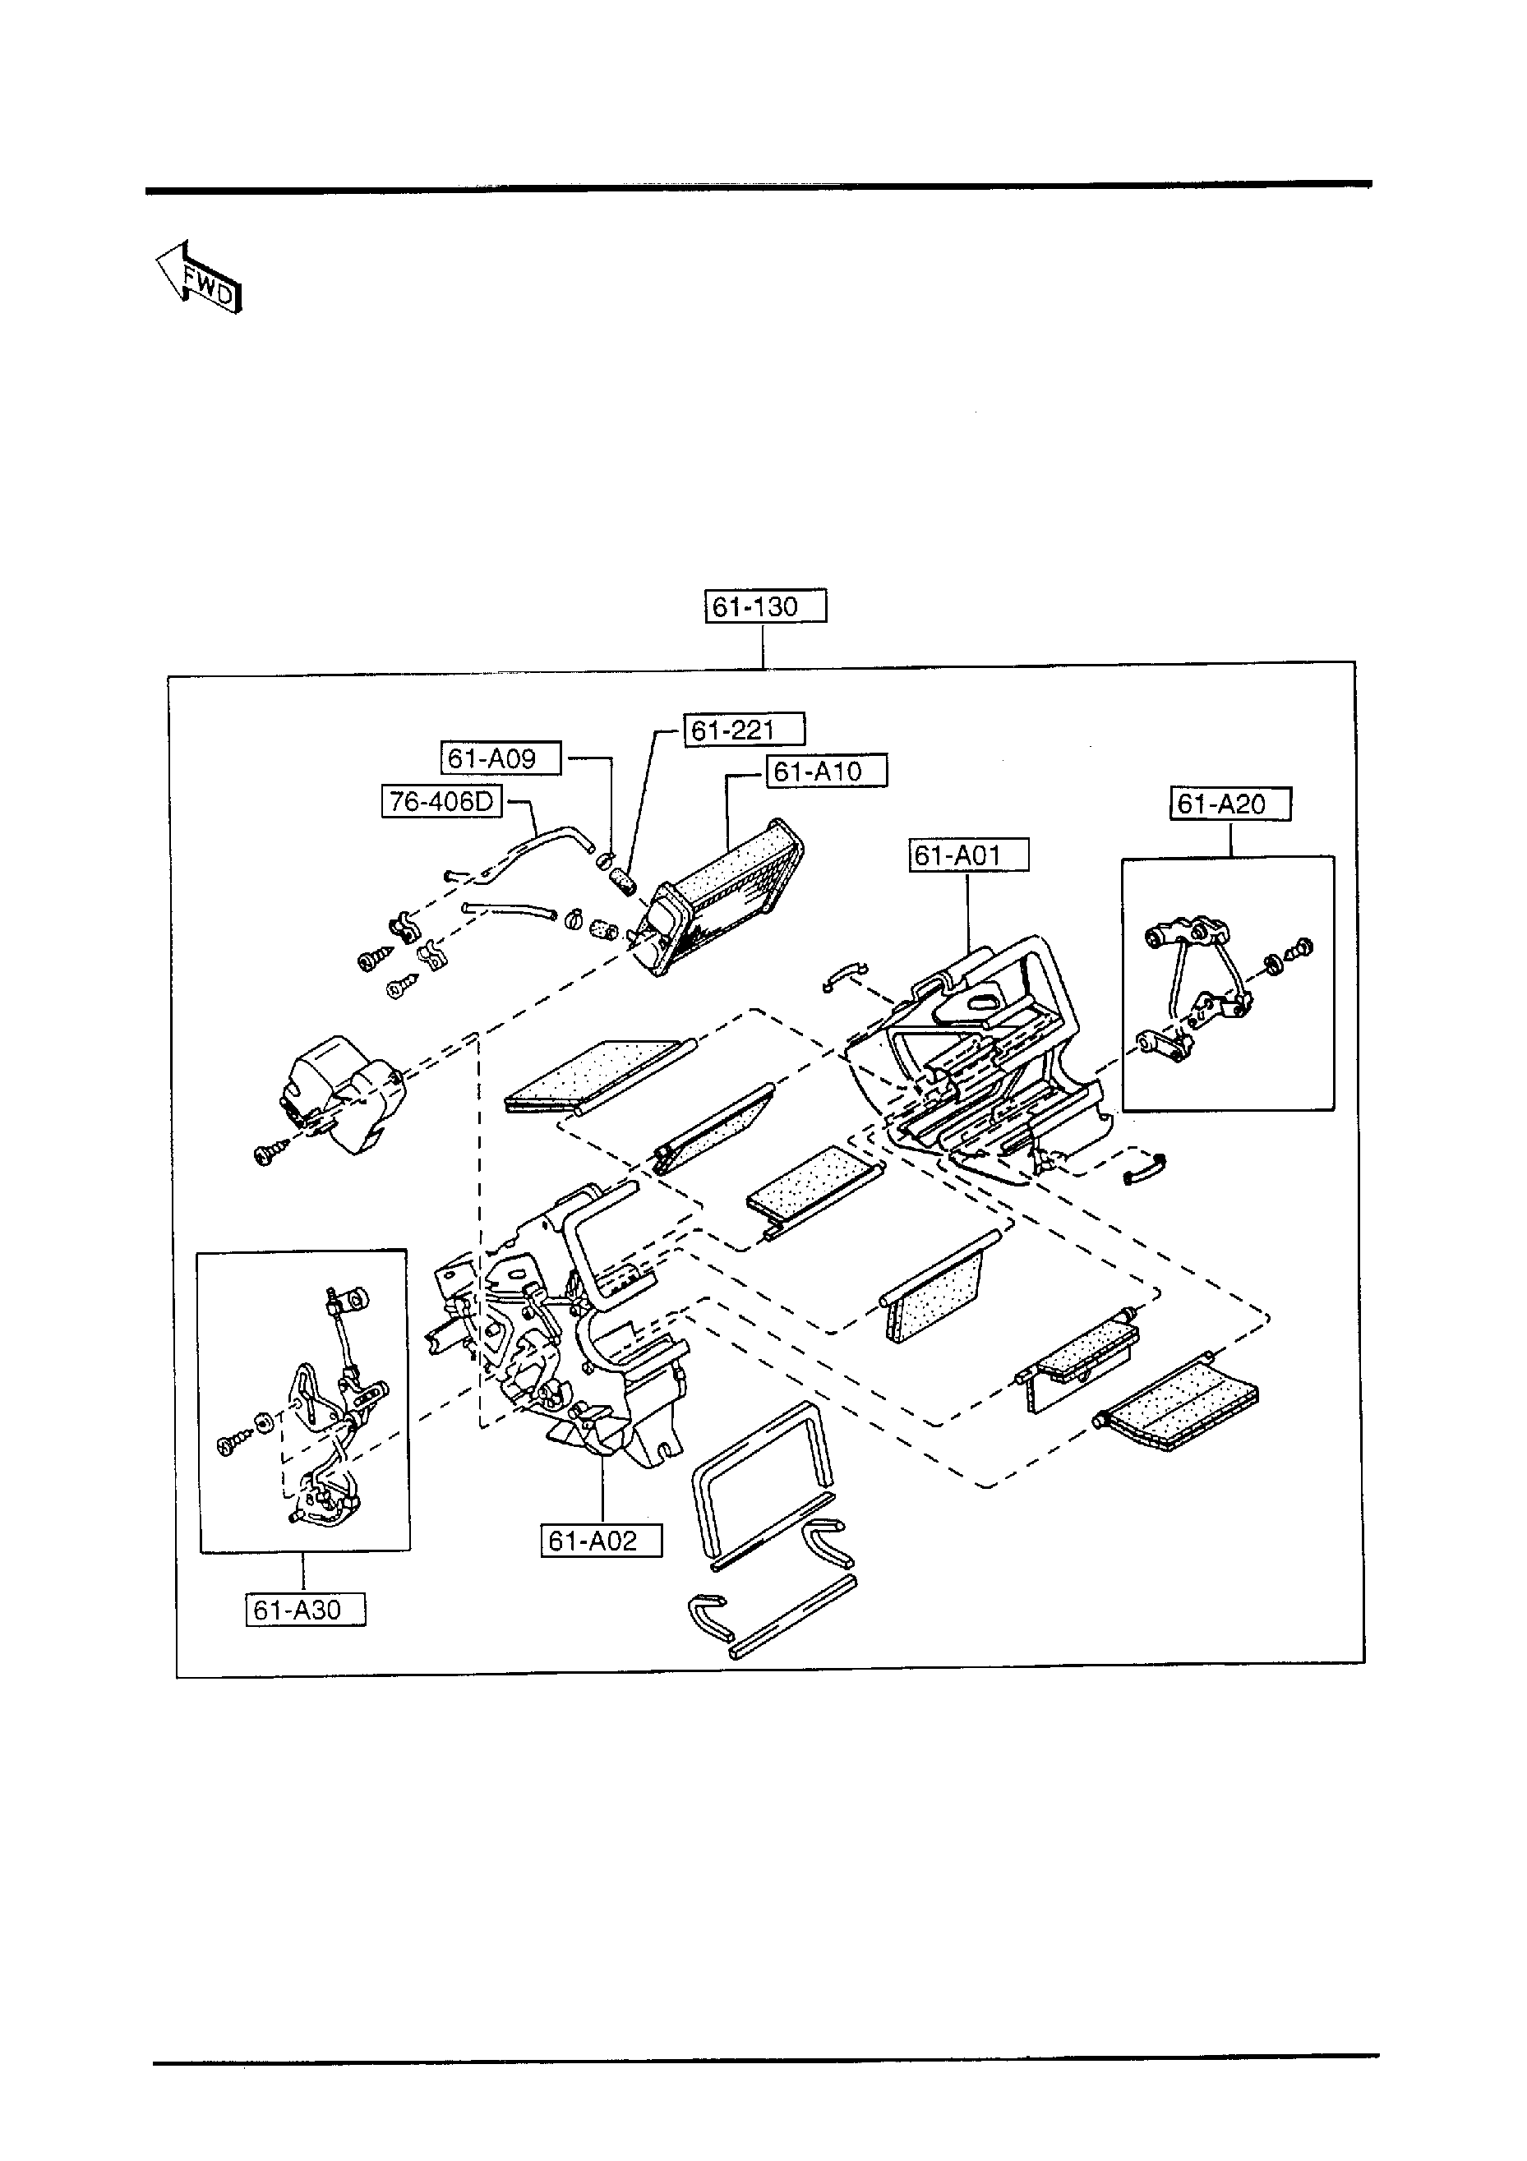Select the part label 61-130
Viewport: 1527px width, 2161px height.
click(x=764, y=607)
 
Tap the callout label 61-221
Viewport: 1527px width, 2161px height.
click(x=744, y=730)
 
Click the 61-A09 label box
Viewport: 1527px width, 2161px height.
click(x=501, y=758)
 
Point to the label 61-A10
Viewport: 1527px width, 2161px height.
click(x=827, y=772)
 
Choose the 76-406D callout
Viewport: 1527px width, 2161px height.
click(x=441, y=802)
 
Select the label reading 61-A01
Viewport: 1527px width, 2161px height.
click(x=969, y=855)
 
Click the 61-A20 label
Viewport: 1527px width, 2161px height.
click(x=1230, y=804)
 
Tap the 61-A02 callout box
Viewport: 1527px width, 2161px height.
click(x=601, y=1541)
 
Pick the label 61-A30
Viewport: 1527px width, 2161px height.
click(x=305, y=1610)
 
